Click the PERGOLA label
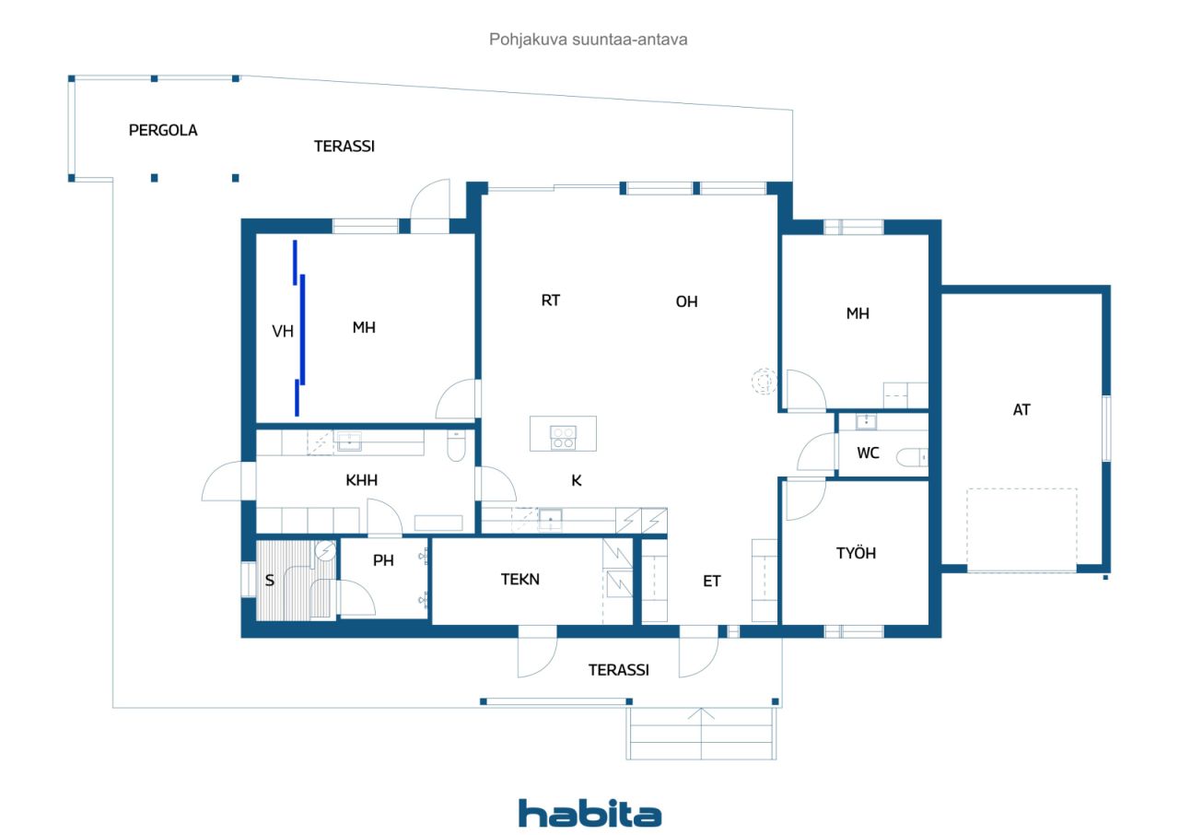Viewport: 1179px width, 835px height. click(x=162, y=130)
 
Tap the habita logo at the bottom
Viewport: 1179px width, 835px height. click(x=589, y=813)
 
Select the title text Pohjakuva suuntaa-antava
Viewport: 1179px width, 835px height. click(x=589, y=40)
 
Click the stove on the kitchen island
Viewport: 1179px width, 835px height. click(x=563, y=437)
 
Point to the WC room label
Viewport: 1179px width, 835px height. click(x=868, y=453)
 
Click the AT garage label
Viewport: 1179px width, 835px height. click(x=1021, y=410)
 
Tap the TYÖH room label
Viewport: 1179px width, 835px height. click(x=856, y=553)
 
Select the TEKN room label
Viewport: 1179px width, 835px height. click(x=519, y=580)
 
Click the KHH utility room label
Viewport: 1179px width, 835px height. click(x=361, y=480)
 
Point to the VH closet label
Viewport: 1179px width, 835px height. click(x=283, y=332)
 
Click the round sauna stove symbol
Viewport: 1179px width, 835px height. click(x=325, y=551)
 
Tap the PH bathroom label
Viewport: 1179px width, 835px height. click(x=383, y=560)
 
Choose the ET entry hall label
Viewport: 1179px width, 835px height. click(x=712, y=581)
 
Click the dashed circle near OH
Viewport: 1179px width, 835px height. click(x=764, y=380)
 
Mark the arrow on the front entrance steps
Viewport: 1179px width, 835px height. click(x=701, y=714)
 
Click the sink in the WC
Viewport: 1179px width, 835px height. click(x=866, y=422)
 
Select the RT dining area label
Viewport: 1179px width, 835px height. click(x=551, y=300)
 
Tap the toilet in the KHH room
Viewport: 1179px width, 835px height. click(x=456, y=447)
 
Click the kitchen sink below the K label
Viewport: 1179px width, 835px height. click(x=551, y=520)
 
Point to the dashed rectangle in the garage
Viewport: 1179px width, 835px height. click(x=1021, y=530)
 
